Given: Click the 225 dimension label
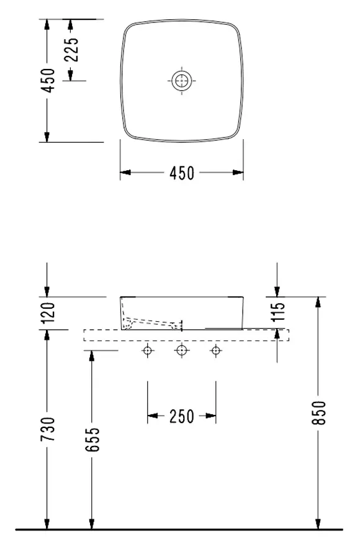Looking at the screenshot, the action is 71,49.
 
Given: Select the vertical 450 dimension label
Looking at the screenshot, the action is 48,80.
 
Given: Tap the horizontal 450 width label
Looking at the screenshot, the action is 182,173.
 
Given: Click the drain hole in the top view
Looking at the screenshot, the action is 182,81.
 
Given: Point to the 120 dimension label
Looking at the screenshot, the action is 48,312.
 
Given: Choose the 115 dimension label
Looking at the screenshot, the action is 277,312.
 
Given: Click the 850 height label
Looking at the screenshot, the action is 318,412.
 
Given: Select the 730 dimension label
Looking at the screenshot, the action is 48,429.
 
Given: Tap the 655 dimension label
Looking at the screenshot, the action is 92,439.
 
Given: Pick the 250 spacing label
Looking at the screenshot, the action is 182,416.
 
